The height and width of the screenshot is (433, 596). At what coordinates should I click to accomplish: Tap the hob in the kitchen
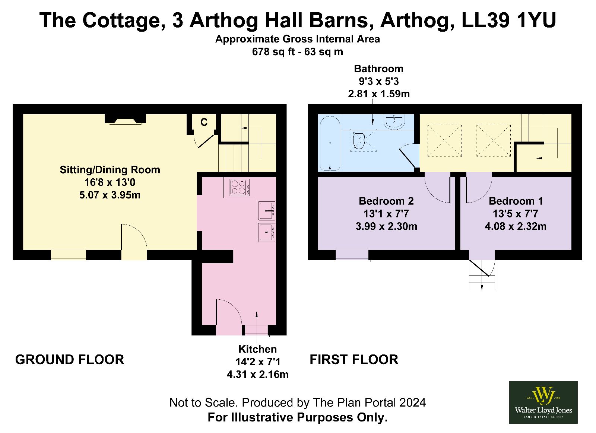[240, 188]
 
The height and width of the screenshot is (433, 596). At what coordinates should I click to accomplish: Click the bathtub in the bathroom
[330, 143]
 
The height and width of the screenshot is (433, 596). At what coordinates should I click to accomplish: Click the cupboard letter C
[204, 122]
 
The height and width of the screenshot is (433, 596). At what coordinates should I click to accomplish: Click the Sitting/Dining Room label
[110, 170]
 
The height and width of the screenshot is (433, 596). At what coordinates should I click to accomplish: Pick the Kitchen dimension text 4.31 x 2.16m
[257, 375]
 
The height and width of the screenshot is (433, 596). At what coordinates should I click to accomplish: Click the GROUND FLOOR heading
[70, 360]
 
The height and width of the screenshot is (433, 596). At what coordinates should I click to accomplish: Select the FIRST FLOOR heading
[354, 360]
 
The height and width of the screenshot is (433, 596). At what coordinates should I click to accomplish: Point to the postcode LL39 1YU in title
[509, 20]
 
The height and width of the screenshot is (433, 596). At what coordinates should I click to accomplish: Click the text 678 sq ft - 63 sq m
[298, 52]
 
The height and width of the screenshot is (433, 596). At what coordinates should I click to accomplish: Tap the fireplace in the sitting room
[125, 119]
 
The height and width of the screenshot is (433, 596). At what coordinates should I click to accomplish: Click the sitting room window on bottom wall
[69, 256]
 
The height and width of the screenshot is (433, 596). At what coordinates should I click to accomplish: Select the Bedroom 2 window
[352, 256]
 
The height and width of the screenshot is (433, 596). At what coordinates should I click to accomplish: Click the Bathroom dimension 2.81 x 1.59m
[378, 94]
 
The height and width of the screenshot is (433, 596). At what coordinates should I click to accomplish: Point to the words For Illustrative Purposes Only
[298, 417]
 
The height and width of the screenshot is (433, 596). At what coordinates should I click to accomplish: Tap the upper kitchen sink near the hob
[267, 211]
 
